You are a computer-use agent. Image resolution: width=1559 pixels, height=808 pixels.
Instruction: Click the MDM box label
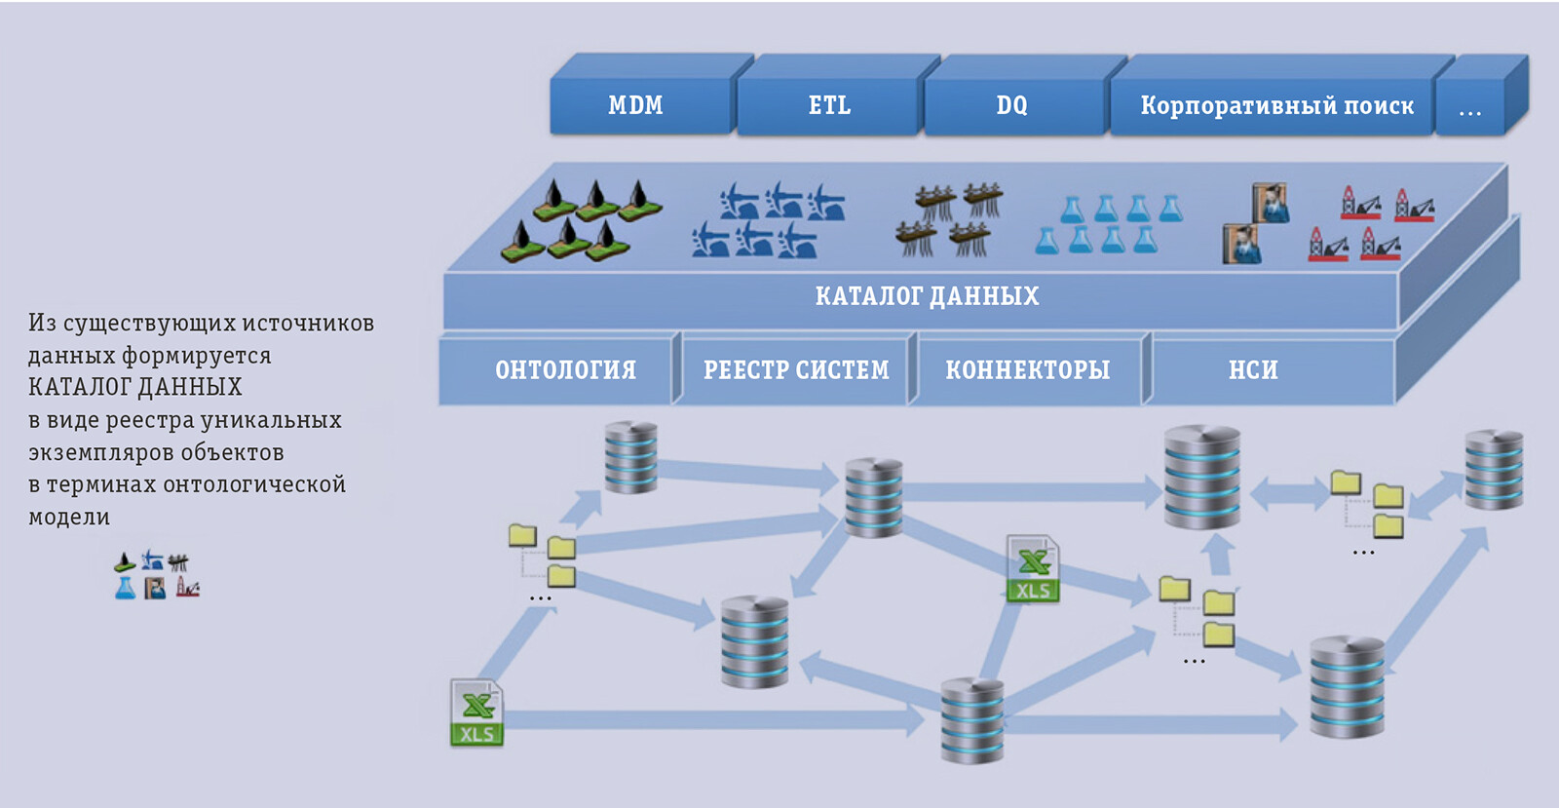pos(635,105)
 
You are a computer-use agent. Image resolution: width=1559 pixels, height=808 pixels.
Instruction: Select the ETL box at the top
pos(829,105)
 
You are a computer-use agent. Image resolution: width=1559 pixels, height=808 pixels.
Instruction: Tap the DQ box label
pos(1011,105)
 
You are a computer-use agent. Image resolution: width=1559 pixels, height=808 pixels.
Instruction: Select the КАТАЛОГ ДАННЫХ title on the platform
pos(927,296)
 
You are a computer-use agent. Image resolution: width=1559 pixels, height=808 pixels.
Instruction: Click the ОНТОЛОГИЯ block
pos(565,370)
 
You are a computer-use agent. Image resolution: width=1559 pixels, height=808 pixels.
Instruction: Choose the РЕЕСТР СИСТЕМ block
pos(796,370)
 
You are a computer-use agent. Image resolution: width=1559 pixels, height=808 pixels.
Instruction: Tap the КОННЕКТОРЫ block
pos(1027,370)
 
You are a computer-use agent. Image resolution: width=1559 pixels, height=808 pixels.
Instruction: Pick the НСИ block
pos(1253,370)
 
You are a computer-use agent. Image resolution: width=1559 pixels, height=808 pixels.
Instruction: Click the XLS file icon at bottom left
pos(476,712)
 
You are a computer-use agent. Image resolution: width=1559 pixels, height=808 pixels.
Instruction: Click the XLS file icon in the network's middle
pos(1033,568)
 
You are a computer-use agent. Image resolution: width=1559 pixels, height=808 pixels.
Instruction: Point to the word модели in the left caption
pos(69,518)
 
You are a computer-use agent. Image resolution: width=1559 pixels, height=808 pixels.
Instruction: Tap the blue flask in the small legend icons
pos(125,588)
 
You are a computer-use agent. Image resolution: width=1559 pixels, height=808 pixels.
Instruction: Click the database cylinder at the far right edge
pos(1494,469)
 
